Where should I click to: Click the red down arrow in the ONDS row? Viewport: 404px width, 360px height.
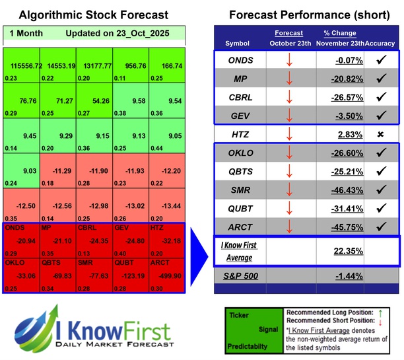tap(289, 61)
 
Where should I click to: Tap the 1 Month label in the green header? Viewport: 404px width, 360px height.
tap(24, 33)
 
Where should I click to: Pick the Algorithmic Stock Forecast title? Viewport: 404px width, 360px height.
tap(93, 15)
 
